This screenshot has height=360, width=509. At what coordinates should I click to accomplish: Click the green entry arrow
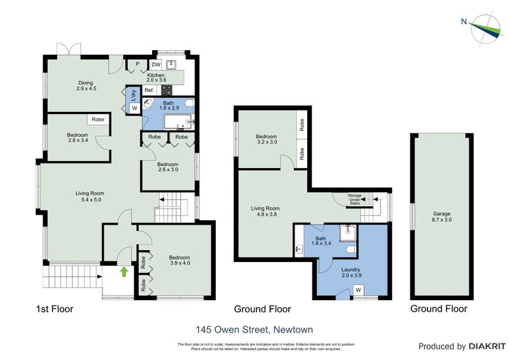pyautogui.click(x=124, y=272)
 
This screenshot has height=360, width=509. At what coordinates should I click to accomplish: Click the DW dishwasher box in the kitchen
pyautogui.click(x=156, y=64)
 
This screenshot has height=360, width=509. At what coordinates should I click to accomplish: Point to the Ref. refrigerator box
pyautogui.click(x=149, y=90)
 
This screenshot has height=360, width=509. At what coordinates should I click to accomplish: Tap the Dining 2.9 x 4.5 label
pyautogui.click(x=86, y=86)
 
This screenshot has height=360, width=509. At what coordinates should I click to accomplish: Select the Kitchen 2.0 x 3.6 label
pyautogui.click(x=157, y=78)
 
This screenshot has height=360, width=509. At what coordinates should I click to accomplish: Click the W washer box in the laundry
pyautogui.click(x=358, y=291)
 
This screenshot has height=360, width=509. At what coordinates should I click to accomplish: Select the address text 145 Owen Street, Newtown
pyautogui.click(x=254, y=329)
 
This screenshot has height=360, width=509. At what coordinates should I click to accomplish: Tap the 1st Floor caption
pyautogui.click(x=55, y=309)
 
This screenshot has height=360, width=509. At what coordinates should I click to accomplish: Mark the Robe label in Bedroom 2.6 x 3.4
pyautogui.click(x=98, y=120)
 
